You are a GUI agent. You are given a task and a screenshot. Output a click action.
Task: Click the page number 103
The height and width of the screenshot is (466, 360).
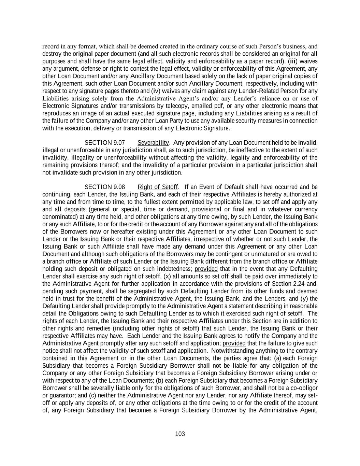[180, 434]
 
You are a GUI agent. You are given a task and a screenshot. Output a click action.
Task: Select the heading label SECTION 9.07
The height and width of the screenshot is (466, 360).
[105, 143]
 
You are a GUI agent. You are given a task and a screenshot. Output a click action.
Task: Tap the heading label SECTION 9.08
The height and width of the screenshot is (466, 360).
[105, 187]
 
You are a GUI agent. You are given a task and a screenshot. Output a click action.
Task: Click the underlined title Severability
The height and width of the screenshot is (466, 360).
[153, 143]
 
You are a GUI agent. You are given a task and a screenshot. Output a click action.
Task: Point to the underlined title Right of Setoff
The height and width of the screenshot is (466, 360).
[158, 187]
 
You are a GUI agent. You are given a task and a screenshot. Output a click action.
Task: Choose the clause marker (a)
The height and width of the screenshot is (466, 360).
[276, 358]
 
